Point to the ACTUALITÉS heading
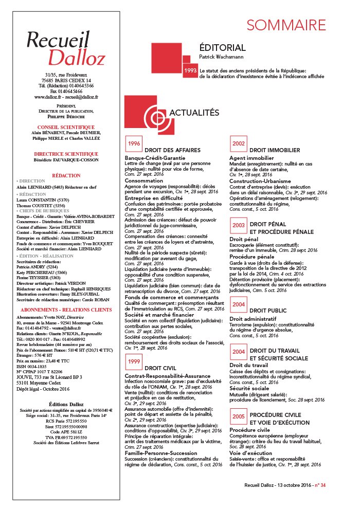coord(194,113)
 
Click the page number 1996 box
coord(134,143)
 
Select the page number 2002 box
coord(239,143)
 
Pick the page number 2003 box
coord(239,225)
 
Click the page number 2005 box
coord(239,416)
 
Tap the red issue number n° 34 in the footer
coord(319,499)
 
